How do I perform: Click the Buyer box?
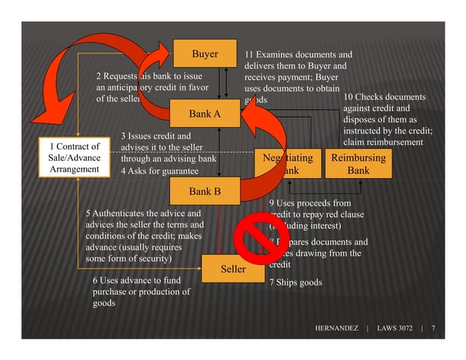click(x=205, y=54)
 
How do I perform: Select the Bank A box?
click(x=205, y=114)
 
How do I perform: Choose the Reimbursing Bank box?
click(x=358, y=164)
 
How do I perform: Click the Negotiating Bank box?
click(x=289, y=164)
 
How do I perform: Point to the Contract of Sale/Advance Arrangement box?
click(x=74, y=158)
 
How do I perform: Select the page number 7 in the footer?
click(x=434, y=329)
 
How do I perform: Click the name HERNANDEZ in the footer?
click(x=336, y=329)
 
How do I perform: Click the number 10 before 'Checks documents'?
click(x=348, y=97)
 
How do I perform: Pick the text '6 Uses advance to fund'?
click(x=137, y=280)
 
